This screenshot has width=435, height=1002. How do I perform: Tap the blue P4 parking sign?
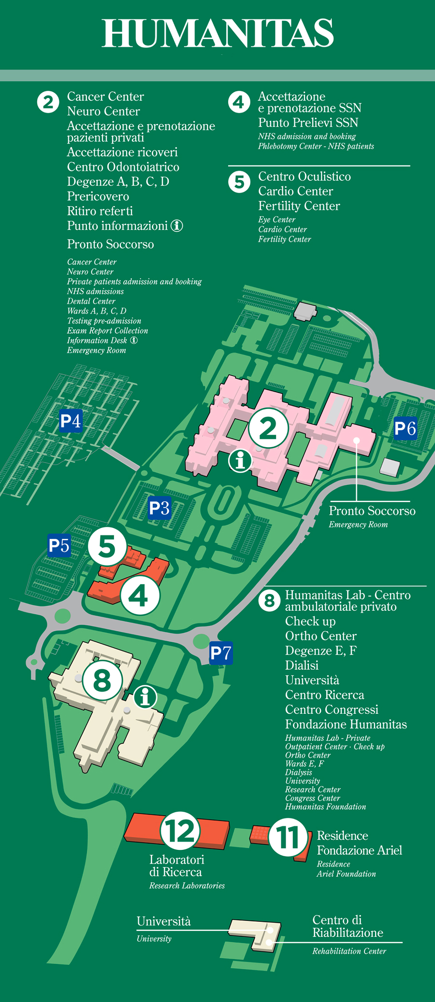(x=71, y=421)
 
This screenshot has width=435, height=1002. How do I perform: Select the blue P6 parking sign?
(x=405, y=428)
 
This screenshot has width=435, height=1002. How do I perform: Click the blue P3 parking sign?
(x=159, y=508)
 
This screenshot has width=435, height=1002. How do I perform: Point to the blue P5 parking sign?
(x=59, y=546)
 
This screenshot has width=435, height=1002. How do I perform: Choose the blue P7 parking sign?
(x=221, y=653)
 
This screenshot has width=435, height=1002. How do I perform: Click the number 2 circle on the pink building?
(x=268, y=428)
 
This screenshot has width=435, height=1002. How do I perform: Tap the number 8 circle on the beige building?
(x=102, y=680)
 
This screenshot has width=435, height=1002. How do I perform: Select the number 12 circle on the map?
(x=180, y=831)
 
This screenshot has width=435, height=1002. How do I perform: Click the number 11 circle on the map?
(x=288, y=837)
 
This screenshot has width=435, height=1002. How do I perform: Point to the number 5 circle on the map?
(x=107, y=546)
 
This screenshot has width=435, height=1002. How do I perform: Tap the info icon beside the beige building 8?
(x=145, y=697)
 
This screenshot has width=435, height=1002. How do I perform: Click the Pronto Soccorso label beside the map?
(x=372, y=511)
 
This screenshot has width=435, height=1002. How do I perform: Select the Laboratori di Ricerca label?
(x=177, y=866)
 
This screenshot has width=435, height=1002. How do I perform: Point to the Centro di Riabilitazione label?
(x=348, y=926)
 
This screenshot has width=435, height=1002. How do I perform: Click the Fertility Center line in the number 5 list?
(x=299, y=206)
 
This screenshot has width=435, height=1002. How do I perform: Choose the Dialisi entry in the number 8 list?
(x=302, y=665)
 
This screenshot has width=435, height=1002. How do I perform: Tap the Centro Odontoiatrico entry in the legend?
(x=123, y=167)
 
